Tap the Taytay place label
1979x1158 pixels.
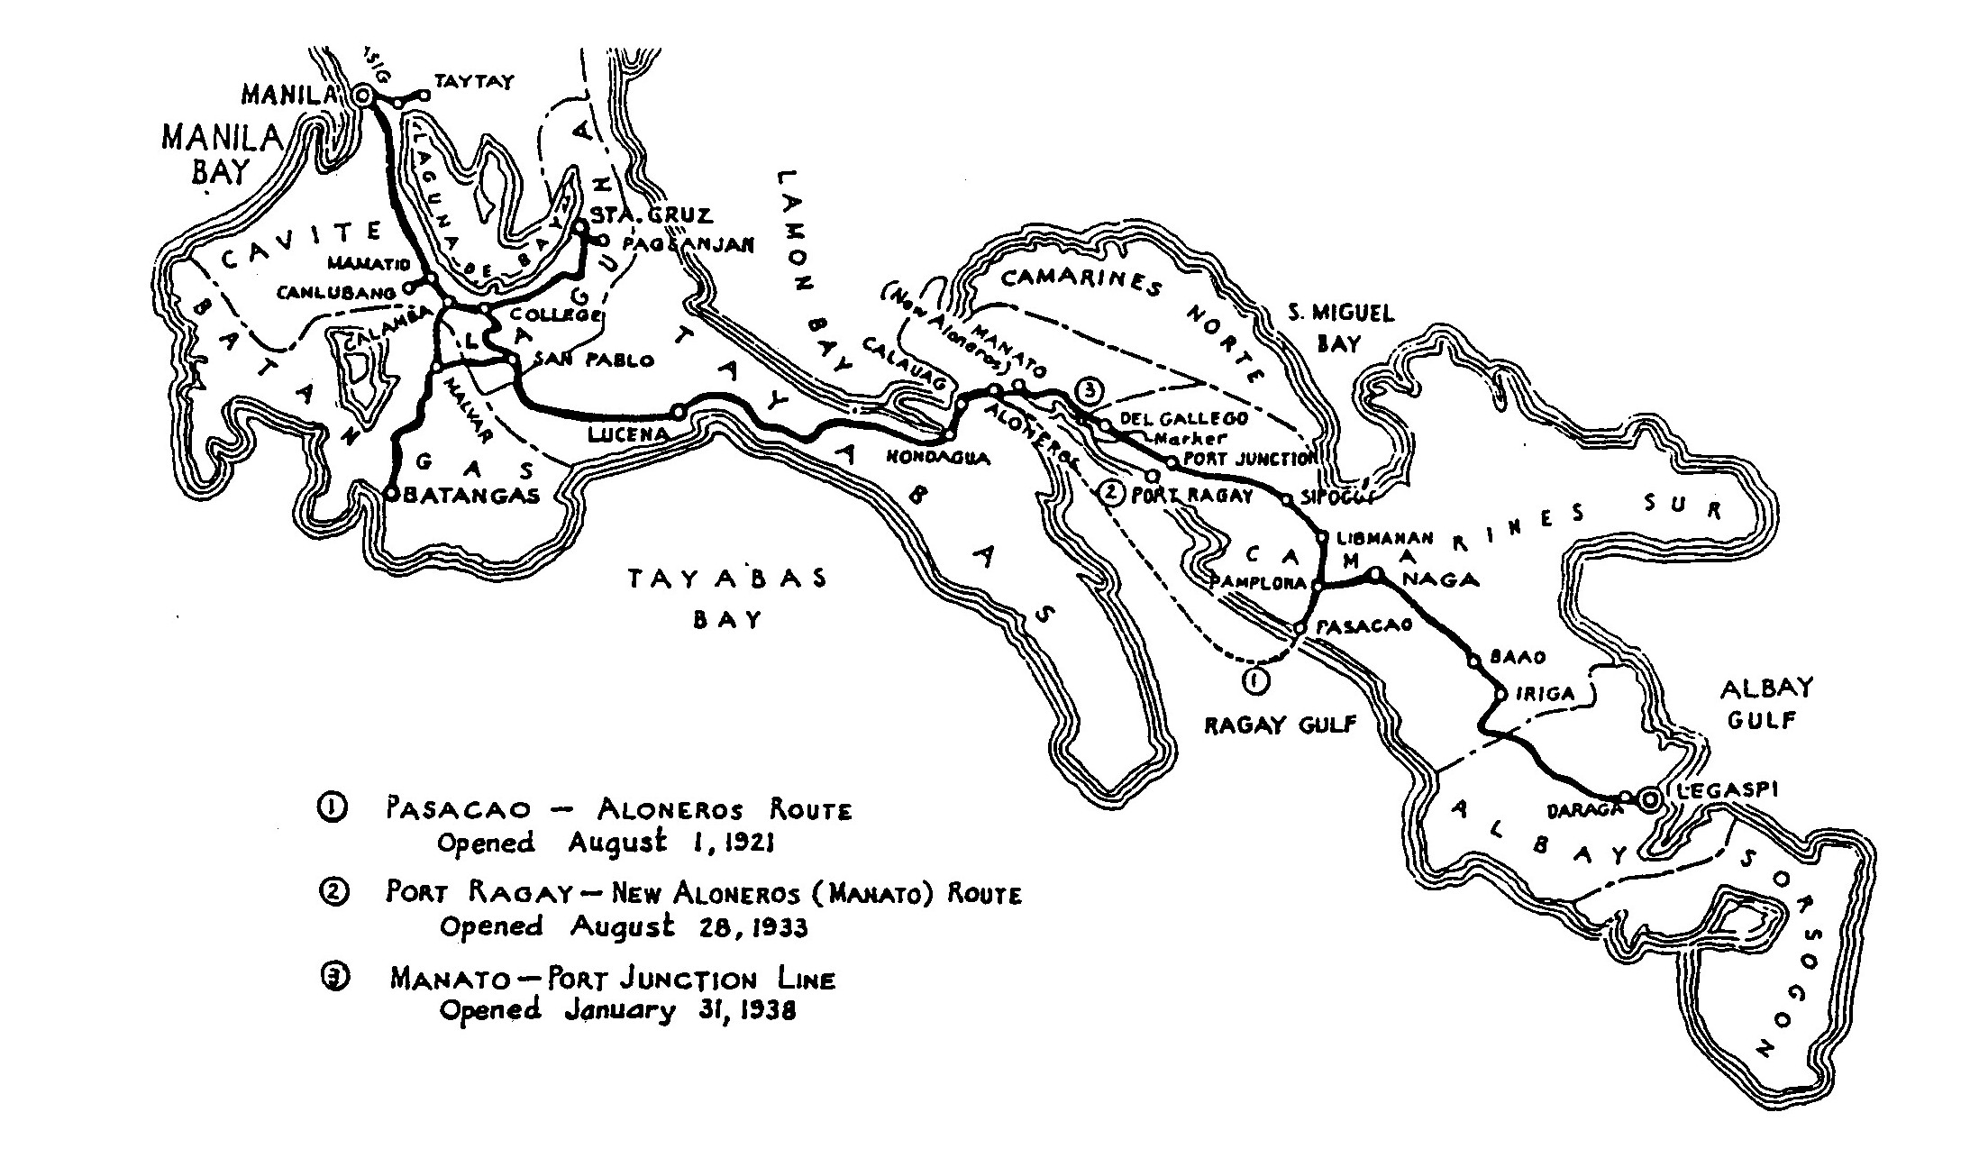(x=474, y=82)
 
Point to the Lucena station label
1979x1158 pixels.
(x=627, y=434)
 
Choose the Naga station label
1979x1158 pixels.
(x=1443, y=579)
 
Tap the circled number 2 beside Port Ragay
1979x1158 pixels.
(x=1112, y=494)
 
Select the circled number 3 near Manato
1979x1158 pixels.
(x=1090, y=391)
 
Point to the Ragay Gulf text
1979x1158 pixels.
(x=1280, y=725)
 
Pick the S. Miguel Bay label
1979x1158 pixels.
(x=1340, y=328)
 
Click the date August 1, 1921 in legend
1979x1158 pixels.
(x=670, y=843)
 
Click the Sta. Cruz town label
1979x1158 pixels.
(x=651, y=215)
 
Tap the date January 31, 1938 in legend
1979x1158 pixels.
(x=680, y=1010)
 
